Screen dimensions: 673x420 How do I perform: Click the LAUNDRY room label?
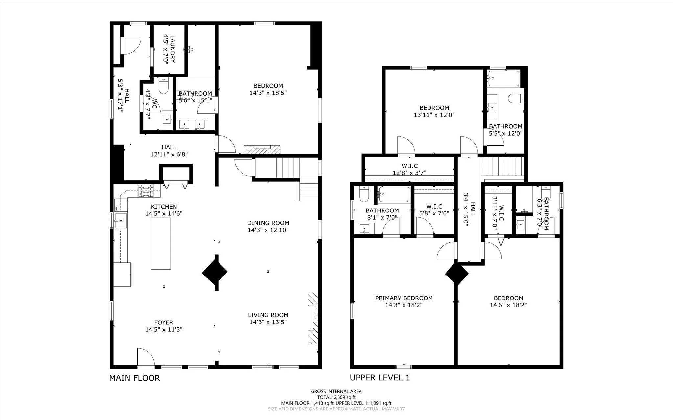pos(172,49)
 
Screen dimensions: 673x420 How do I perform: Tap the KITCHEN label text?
pos(164,207)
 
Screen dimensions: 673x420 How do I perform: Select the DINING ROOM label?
pos(268,223)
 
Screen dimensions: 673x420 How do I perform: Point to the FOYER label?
pos(164,322)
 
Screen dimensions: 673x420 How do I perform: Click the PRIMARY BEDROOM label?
pos(404,298)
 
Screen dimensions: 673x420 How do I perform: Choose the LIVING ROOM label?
pos(268,315)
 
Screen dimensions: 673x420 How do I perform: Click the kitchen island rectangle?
pos(161,243)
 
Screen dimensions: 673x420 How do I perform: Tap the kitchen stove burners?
pos(146,191)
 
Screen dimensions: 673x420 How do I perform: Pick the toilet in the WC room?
pos(163,86)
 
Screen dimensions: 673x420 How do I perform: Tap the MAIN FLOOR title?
pos(134,378)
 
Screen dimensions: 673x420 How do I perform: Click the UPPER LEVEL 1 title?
pos(380,378)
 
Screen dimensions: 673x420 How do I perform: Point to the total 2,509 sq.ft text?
pos(336,397)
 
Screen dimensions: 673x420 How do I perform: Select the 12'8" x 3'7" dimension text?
pos(409,173)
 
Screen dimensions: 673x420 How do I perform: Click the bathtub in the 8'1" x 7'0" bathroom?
pos(394,194)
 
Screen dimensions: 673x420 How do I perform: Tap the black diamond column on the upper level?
pos(456,274)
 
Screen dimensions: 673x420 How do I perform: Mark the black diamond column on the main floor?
pos(215,272)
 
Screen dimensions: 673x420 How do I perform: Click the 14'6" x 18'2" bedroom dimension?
pos(508,305)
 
